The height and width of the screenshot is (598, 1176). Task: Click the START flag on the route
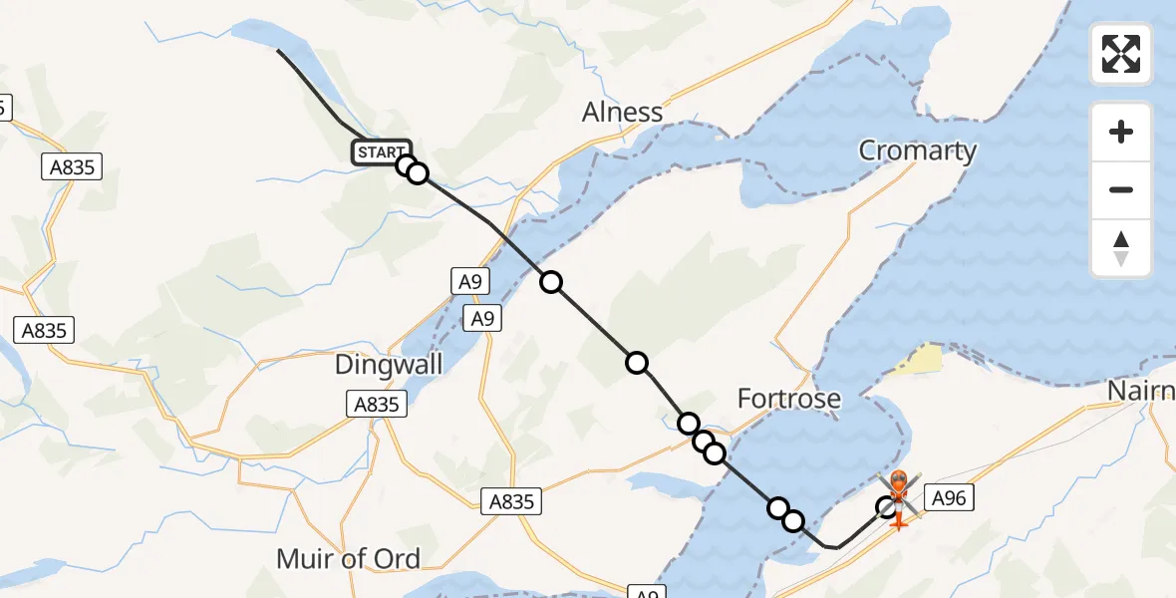coord(380,152)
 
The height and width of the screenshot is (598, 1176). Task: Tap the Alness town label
coord(623,113)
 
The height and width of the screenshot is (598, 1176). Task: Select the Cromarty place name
coord(917,151)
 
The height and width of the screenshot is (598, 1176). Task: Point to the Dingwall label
coord(389,365)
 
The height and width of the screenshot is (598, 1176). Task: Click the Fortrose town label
coord(789,400)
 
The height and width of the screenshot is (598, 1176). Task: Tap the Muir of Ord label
coord(348,559)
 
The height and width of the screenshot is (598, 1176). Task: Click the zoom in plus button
coord(1121,132)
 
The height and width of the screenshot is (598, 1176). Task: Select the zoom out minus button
coord(1121,189)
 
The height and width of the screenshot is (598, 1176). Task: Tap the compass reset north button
coord(1121,248)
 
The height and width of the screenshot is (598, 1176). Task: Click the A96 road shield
coord(949,497)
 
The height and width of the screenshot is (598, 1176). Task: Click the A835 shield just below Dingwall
coord(377,404)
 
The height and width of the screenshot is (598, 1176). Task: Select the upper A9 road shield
coord(469,282)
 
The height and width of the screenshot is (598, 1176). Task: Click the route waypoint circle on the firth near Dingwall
coord(551,282)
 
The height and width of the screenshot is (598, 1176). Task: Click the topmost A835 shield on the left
coord(74,166)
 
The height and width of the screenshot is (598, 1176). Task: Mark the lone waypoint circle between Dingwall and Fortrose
coord(637,363)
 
